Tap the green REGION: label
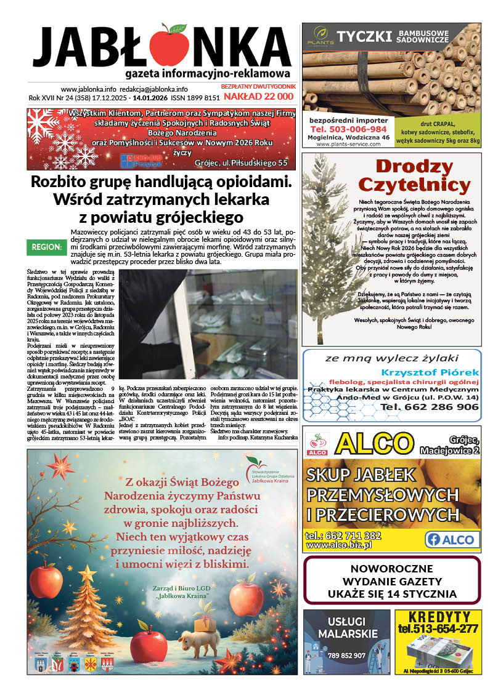(46, 247)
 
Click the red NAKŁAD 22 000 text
(258, 97)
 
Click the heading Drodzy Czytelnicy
(422, 175)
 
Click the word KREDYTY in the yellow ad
(438, 616)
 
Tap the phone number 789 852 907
(346, 656)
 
